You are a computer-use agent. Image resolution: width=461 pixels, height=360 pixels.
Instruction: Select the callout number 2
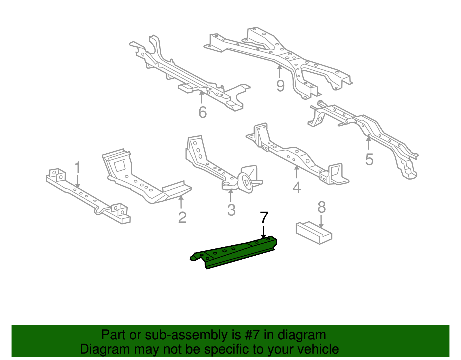coord(182,218)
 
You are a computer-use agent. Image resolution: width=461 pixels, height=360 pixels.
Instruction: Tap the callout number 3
coord(231,210)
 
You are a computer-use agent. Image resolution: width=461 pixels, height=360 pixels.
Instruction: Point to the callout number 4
coord(297,187)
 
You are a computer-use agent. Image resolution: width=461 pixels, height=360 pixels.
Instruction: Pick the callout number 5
coord(369,159)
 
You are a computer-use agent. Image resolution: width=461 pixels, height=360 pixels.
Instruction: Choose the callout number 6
coord(203,112)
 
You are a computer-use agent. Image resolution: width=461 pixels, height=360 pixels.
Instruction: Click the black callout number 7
coord(264,218)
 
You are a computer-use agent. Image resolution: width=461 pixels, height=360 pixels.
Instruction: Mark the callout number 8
coord(322,207)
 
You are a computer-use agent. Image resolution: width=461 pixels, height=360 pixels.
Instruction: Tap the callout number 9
coord(280,86)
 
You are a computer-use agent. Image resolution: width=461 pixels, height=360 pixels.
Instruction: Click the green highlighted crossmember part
coord(233,252)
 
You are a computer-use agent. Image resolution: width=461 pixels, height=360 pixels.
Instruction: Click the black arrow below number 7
coord(263,232)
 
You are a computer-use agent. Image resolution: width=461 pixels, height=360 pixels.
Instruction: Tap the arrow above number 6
coord(202,97)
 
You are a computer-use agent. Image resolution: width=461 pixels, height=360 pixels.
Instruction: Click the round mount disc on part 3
coord(246,182)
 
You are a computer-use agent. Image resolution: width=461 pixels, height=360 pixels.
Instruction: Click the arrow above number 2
coord(181,202)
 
